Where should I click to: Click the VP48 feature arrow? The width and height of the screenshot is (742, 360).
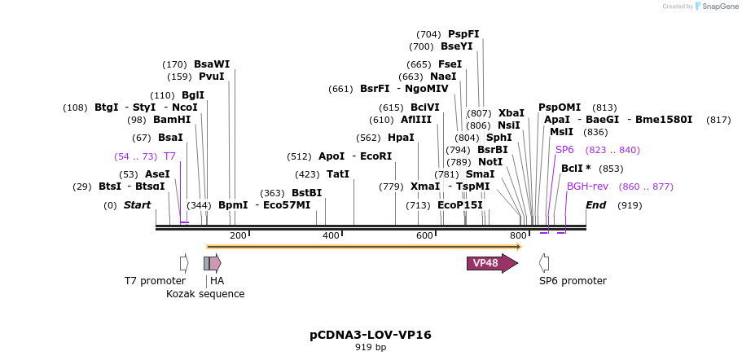(491, 263)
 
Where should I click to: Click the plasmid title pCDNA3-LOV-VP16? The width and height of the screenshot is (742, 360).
(371, 335)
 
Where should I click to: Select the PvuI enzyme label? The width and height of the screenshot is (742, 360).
(212, 77)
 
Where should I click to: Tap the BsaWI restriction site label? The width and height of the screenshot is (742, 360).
(212, 64)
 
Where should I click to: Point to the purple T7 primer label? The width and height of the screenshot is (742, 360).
(169, 156)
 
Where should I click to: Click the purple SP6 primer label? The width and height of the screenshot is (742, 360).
(564, 150)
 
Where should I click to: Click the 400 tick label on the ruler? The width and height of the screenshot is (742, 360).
(331, 235)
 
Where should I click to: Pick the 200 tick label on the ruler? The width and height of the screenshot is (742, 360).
(238, 235)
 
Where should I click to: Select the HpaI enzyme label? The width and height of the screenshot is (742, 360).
(401, 138)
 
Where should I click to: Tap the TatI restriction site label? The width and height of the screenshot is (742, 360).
(337, 174)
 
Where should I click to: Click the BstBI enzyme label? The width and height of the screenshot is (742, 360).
(306, 193)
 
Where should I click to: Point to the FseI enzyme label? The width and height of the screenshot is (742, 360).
(450, 64)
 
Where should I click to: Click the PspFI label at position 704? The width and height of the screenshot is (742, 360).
(463, 34)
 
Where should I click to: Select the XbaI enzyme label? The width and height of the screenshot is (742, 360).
(511, 113)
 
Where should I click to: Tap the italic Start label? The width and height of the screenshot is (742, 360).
(137, 205)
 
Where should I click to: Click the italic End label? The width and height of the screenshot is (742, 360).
(595, 205)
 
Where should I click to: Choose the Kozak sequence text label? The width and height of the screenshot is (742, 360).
(205, 294)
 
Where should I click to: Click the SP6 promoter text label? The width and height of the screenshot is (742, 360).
(573, 281)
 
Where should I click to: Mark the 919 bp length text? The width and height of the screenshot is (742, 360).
(371, 347)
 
